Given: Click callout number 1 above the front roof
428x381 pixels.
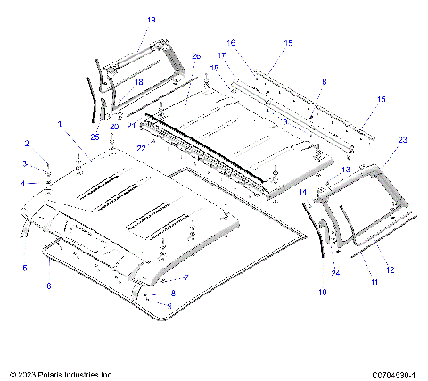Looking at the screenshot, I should coord(61,124).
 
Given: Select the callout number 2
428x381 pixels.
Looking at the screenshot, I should coord(26,144).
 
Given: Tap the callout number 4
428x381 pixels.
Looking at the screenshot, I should coord(23,183).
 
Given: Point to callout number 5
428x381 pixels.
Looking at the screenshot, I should coord(24,266).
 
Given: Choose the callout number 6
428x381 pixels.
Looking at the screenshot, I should coord(49,286).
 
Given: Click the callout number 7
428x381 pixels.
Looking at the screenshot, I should coord(185,278).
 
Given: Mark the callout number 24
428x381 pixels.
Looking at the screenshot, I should coord(335,272).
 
